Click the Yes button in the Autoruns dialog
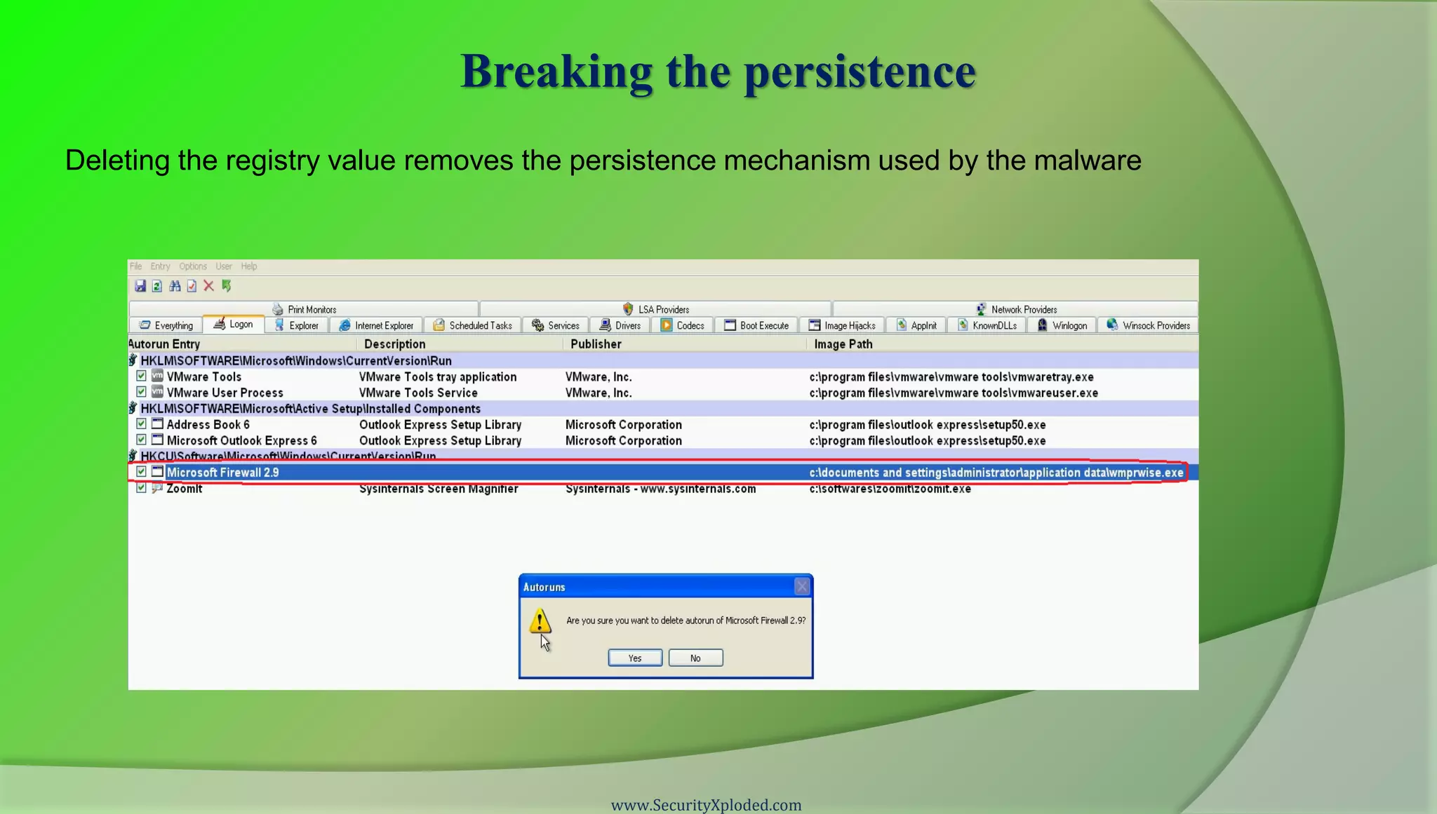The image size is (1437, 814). [x=635, y=658]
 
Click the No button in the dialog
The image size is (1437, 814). [x=695, y=658]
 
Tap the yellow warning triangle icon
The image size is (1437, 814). [x=539, y=620]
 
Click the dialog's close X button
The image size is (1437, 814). [x=802, y=587]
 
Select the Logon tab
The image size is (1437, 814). [x=234, y=325]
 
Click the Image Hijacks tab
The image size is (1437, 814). [x=842, y=325]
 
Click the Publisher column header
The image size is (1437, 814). [x=596, y=344]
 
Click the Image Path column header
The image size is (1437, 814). [x=843, y=344]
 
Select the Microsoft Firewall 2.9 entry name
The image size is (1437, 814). [x=222, y=473]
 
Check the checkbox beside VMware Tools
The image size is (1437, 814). [x=141, y=377]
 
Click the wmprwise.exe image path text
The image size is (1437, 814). [x=996, y=473]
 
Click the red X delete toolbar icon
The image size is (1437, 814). [x=208, y=286]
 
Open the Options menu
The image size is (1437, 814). [x=193, y=266]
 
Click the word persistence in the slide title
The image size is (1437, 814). [x=860, y=71]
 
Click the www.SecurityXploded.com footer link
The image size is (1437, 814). [x=706, y=805]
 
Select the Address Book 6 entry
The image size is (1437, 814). [x=208, y=425]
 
